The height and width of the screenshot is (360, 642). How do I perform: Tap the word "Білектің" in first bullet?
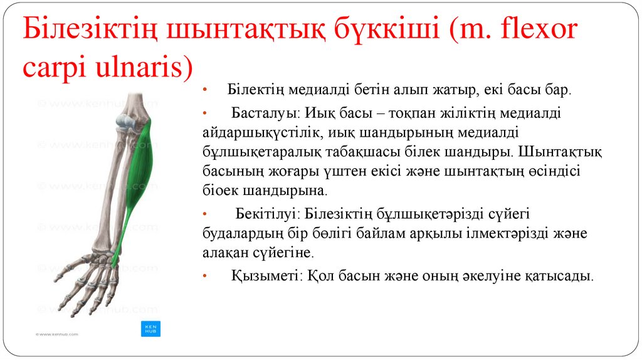[253, 90]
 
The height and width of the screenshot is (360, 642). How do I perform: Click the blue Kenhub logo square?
[150, 329]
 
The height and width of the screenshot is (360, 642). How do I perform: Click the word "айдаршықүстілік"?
[254, 134]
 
